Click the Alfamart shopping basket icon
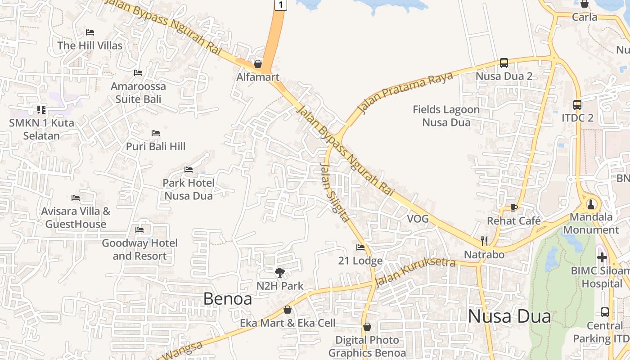click(x=258, y=64)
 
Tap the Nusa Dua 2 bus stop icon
click(x=504, y=63)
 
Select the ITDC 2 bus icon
click(x=577, y=105)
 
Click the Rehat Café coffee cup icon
click(x=513, y=207)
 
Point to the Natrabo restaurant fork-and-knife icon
click(x=484, y=241)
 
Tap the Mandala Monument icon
click(x=591, y=204)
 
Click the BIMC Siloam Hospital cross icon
click(x=602, y=257)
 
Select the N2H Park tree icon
click(x=280, y=272)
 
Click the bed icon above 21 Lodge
click(x=360, y=247)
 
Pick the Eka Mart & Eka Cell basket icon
click(x=288, y=310)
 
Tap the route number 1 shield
click(x=280, y=5)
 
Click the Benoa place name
click(x=227, y=298)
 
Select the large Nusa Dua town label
click(x=509, y=316)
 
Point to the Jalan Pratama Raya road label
click(x=405, y=92)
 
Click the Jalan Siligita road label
click(x=334, y=192)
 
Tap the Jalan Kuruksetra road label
click(x=415, y=271)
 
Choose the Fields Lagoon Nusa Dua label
click(x=446, y=116)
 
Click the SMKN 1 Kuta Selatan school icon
click(x=41, y=109)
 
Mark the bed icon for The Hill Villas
click(x=90, y=32)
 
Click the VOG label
click(x=418, y=219)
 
